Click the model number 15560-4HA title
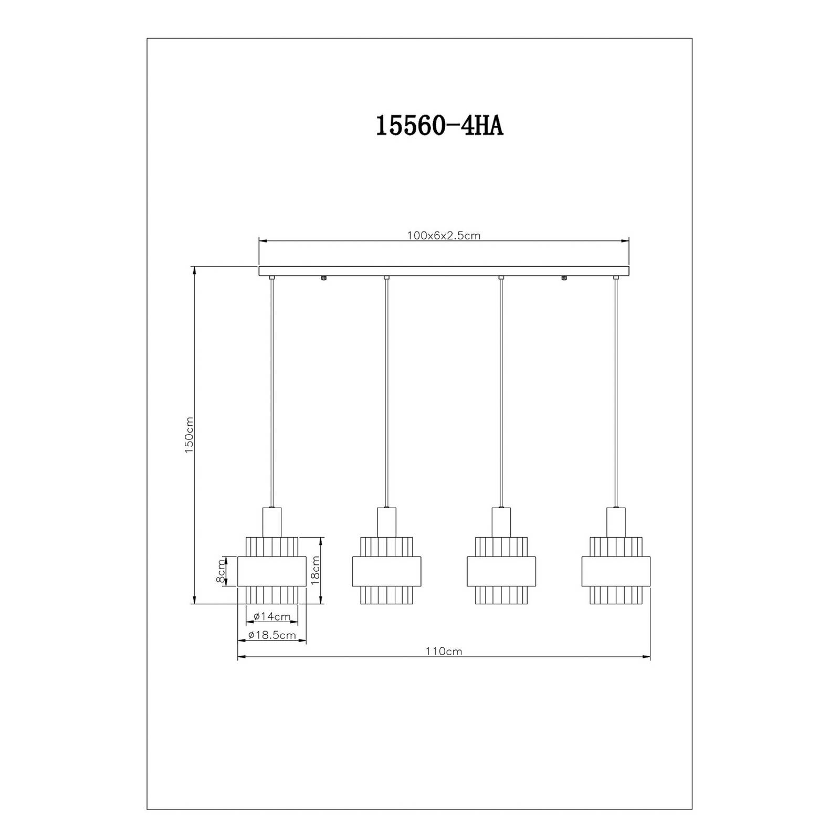click(439, 127)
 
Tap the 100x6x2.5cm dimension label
click(444, 236)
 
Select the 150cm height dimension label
click(190, 435)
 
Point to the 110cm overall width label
click(444, 652)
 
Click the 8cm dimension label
click(221, 571)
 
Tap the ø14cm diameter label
click(271, 616)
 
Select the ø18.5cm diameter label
click(271, 635)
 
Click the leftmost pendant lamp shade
click(271, 570)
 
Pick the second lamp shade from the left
click(386, 570)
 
